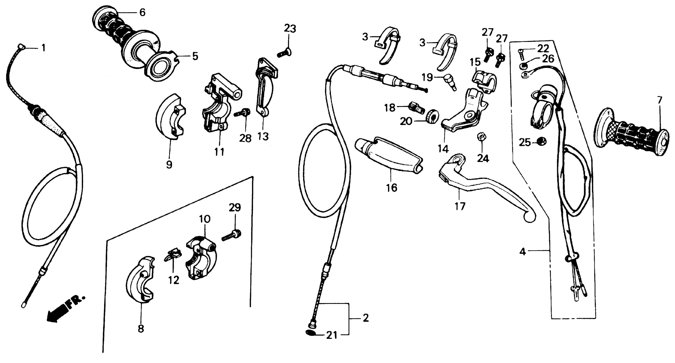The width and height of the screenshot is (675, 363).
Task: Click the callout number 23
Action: click(290, 29)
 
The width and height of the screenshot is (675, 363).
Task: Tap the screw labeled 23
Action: click(284, 53)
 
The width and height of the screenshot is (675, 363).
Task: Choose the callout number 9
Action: click(169, 165)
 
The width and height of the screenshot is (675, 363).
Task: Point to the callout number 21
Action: click(332, 335)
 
